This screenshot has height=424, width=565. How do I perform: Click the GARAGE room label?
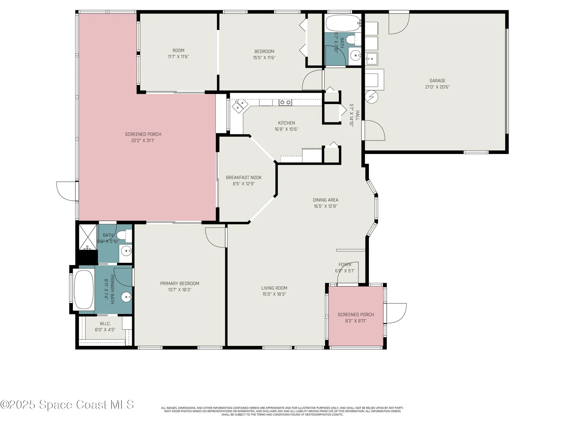point(437,81)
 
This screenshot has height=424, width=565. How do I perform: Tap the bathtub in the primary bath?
point(84,290)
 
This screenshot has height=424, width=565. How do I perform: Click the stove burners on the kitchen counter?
point(285,102)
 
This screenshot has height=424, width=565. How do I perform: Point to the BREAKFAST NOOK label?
point(244,178)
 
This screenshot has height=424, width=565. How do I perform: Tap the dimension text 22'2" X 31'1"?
point(143,140)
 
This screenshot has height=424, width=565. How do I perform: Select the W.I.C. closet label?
point(105,324)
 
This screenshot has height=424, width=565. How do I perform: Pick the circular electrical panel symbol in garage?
point(371,97)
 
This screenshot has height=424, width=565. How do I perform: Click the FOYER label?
point(345,265)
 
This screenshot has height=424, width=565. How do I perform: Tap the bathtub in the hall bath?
point(342,23)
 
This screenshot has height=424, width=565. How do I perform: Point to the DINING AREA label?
point(325,200)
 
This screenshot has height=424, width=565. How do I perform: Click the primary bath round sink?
point(126,297)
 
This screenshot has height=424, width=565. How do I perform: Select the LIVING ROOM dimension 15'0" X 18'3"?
point(274,294)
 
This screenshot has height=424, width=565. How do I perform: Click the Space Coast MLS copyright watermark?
point(67,405)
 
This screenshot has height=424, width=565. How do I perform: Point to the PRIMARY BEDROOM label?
point(180,284)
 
